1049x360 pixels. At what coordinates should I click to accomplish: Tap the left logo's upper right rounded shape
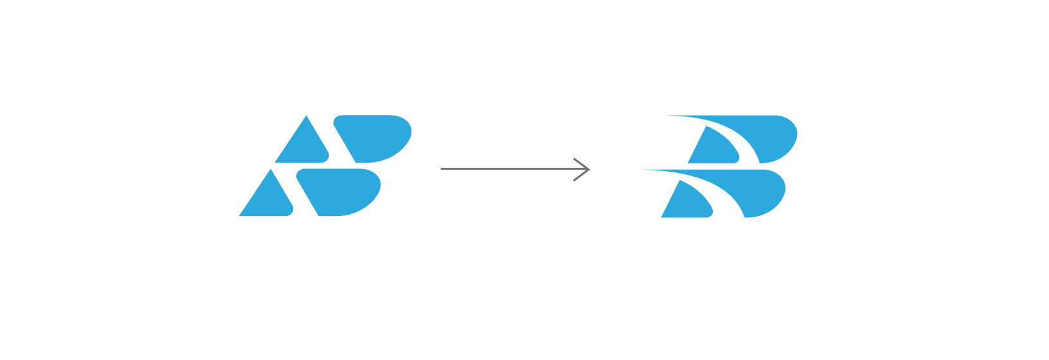point(373,136)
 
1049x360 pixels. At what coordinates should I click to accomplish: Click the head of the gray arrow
point(587,169)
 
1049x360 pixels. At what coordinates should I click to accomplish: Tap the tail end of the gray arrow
point(442,169)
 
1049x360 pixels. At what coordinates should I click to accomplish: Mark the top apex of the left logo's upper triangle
point(307,116)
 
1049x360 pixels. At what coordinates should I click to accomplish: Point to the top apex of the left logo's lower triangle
point(271,170)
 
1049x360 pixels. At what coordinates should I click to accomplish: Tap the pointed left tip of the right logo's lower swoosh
point(641,170)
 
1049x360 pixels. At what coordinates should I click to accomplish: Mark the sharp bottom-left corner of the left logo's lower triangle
point(240,215)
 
